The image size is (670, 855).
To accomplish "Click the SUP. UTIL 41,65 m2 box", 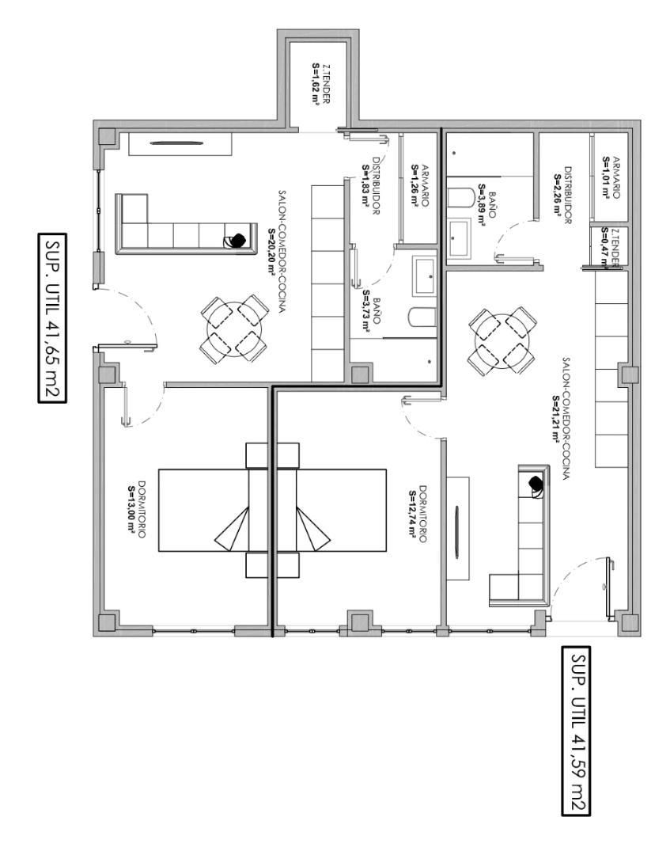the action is [52, 318].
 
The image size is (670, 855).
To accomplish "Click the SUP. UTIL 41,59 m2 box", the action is [577, 731].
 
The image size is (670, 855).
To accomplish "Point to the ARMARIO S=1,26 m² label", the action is [420, 186].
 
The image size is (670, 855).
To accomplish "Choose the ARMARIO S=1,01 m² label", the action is [611, 178].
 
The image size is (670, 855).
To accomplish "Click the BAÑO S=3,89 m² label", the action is [486, 204].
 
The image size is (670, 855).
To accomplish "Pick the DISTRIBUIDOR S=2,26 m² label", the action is [562, 196].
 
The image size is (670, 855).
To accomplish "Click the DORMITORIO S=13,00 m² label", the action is [137, 509].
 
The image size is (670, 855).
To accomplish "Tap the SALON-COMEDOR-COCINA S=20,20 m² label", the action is [277, 251].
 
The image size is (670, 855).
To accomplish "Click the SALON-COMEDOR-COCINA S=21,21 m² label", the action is [561, 418].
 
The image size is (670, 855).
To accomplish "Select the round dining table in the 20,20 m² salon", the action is [235, 330].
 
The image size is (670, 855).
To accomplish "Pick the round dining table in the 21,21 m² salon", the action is [502, 341].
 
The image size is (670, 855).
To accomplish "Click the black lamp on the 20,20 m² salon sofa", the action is [238, 240].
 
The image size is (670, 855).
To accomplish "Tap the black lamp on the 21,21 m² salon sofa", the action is [536, 483].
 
